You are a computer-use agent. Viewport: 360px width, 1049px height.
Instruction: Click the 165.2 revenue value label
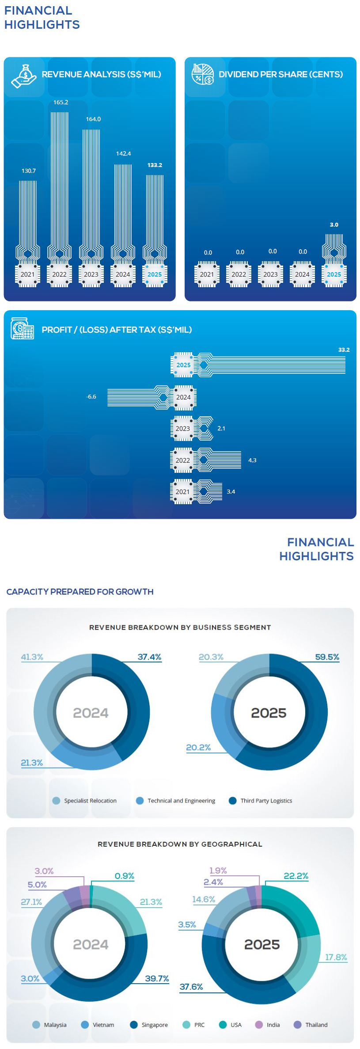pos(61,102)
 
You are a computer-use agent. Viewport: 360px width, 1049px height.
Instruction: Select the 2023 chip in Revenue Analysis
pos(91,274)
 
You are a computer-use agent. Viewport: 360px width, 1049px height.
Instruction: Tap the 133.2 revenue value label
pos(155,165)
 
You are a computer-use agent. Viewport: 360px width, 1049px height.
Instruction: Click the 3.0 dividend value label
pos(334,224)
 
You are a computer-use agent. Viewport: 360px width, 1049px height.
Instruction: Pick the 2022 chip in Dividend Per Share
pos(239,274)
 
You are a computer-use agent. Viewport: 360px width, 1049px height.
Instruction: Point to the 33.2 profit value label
pos(344,350)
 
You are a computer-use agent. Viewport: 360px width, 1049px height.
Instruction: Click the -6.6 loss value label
pos(91,396)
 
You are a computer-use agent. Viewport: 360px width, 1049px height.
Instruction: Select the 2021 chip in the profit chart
pos(182,491)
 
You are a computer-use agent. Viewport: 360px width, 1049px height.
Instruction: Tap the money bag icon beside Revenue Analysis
pos(24,76)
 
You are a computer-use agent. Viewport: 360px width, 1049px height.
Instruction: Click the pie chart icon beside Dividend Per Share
pos(203,74)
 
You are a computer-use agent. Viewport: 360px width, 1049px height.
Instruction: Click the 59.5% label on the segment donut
pos(327,657)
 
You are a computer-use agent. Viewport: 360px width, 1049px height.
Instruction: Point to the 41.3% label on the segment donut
pos(32,657)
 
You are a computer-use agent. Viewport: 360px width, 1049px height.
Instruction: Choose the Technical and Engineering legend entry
pos(176,800)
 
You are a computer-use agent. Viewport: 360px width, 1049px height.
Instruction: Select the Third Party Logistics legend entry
pos(261,800)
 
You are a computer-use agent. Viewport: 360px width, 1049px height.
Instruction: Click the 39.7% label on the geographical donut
pos(157,978)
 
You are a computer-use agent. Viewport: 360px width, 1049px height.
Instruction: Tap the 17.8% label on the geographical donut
pos(336,957)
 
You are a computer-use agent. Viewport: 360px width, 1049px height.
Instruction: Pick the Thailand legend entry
pos(311,1025)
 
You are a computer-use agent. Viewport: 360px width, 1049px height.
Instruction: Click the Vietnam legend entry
pos(98,1025)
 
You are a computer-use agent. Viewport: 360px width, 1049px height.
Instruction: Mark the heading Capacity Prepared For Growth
pos(80,592)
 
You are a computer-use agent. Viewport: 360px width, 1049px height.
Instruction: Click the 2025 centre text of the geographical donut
pos(262,944)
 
